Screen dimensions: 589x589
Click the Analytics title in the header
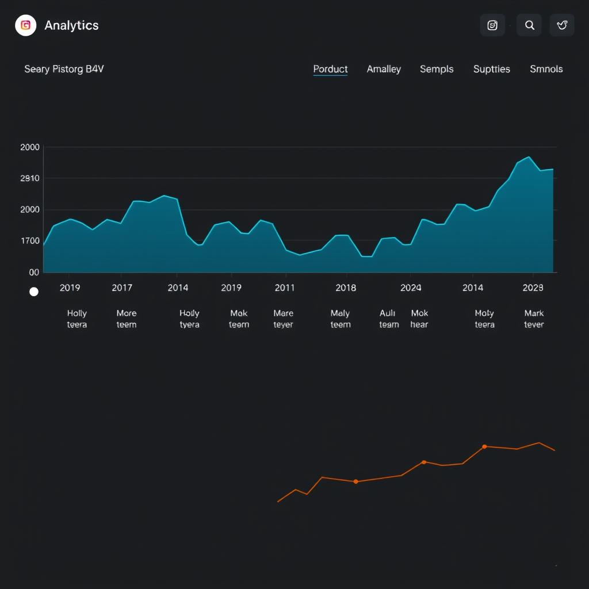pos(71,25)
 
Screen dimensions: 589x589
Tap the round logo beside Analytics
pos(26,25)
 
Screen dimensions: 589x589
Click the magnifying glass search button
pos(529,25)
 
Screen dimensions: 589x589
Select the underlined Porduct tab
pos(330,69)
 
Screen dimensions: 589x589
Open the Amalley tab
pos(384,69)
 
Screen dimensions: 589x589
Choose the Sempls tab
pos(437,69)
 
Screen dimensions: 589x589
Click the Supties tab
pos(491,69)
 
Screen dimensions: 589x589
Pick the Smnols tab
pos(546,69)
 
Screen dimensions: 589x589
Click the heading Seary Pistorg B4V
pos(64,69)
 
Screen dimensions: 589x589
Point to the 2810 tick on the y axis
pos(30,178)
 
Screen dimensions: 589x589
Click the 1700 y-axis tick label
pos(30,241)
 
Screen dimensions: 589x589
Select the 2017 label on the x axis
pos(122,288)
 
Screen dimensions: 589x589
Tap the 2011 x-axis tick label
pos(285,288)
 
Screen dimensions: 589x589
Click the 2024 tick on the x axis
pos(411,288)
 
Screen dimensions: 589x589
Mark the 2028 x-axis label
pos(533,288)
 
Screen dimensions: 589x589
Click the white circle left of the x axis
pos(34,292)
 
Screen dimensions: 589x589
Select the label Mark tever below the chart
pos(534,319)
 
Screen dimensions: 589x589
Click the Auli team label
pos(388,319)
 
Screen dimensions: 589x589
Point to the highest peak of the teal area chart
pos(529,157)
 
